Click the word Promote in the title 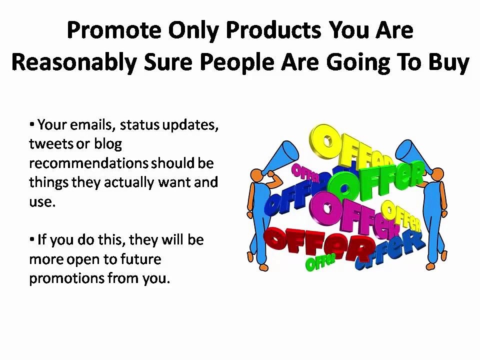click(x=114, y=31)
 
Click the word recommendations click(x=88, y=163)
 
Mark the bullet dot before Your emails click(x=32, y=124)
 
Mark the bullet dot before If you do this click(x=32, y=239)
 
